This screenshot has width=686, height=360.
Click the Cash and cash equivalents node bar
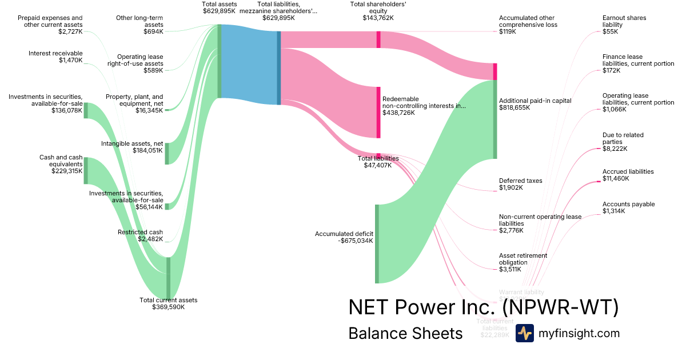[86, 169]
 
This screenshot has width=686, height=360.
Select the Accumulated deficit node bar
[377, 243]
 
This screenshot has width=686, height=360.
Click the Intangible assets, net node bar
[167, 153]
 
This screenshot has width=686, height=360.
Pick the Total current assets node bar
[168, 278]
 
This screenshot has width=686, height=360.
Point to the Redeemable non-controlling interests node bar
[378, 112]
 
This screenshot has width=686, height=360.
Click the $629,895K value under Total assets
[219, 11]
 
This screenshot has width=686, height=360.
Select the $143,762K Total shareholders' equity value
[378, 18]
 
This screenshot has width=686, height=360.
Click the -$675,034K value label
[355, 241]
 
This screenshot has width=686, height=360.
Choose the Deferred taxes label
[520, 181]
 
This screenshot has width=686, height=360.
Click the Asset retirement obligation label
[523, 259]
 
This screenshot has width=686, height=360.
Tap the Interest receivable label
[55, 53]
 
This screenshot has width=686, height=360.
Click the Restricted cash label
[140, 232]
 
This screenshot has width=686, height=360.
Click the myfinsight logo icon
[524, 333]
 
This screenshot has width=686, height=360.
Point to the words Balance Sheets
[405, 333]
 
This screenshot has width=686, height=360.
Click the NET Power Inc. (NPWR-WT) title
[483, 307]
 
